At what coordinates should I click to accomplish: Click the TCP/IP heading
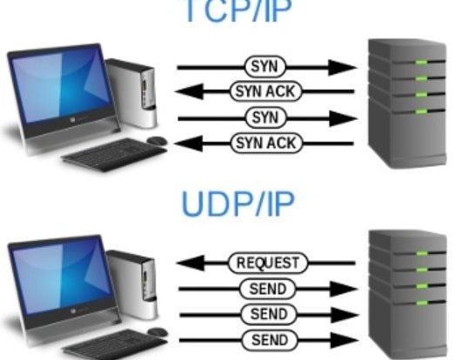pyautogui.click(x=238, y=11)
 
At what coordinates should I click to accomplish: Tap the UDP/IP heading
pyautogui.click(x=238, y=203)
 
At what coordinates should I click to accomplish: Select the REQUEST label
pyautogui.click(x=268, y=263)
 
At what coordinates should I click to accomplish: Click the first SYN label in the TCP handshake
pyautogui.click(x=265, y=67)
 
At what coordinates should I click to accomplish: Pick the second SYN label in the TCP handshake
pyautogui.click(x=266, y=117)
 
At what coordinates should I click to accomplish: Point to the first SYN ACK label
pyautogui.click(x=265, y=91)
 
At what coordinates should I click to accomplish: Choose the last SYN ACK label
pyautogui.click(x=266, y=143)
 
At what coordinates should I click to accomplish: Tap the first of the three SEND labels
pyautogui.click(x=268, y=289)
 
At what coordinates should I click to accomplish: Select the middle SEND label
pyautogui.click(x=269, y=314)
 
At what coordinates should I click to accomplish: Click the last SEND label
pyautogui.click(x=270, y=340)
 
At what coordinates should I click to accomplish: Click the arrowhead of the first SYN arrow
pyautogui.click(x=342, y=68)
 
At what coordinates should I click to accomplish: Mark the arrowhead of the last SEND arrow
pyautogui.click(x=345, y=340)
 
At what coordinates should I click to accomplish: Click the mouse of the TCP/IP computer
pyautogui.click(x=157, y=141)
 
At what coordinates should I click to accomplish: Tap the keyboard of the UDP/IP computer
pyautogui.click(x=115, y=344)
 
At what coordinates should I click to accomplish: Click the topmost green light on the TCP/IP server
pyautogui.click(x=421, y=63)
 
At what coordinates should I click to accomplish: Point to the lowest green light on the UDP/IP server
pyautogui.click(x=422, y=303)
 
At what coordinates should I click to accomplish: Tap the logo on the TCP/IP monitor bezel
pyautogui.click(x=73, y=119)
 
